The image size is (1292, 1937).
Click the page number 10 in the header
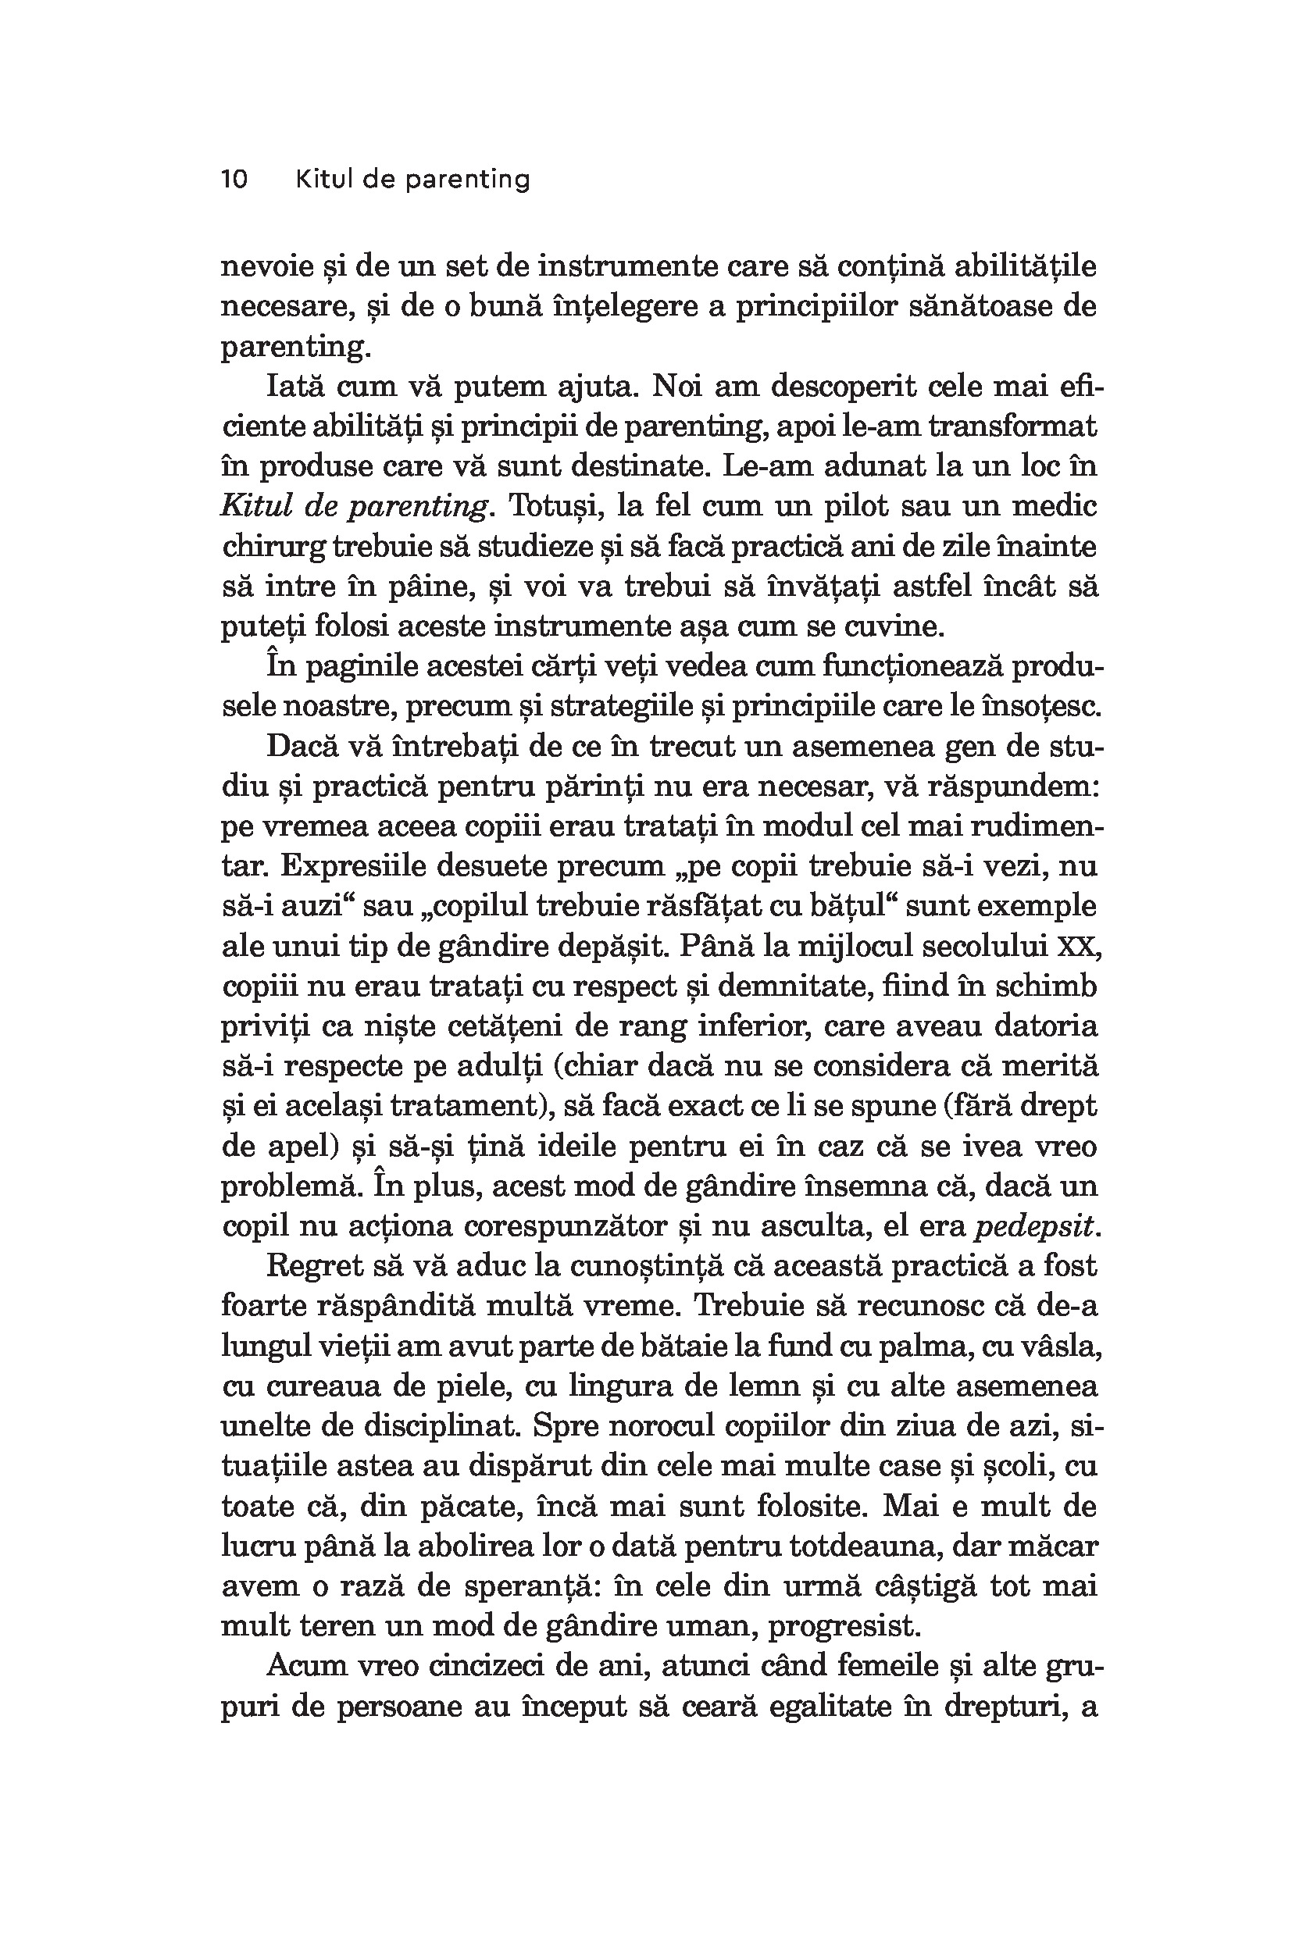tap(234, 180)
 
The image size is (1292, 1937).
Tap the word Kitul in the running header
tap(324, 180)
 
